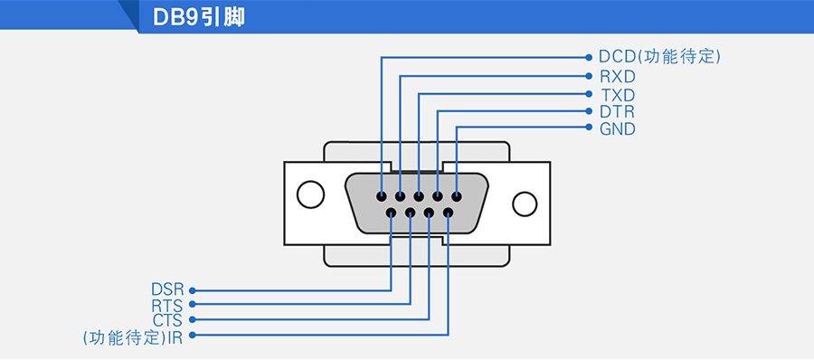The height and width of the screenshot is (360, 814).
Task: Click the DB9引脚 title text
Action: click(x=199, y=17)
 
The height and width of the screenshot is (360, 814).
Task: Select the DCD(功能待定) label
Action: click(x=660, y=57)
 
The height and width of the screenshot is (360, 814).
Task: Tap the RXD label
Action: click(x=618, y=77)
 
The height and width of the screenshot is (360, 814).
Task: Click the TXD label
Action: click(x=618, y=96)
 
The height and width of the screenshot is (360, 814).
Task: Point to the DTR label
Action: click(x=617, y=111)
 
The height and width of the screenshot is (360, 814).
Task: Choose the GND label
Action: click(x=618, y=128)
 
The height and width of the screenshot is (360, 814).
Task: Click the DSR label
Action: click(x=167, y=289)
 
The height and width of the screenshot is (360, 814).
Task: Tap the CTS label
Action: click(x=167, y=320)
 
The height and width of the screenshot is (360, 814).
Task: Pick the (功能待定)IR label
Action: click(x=133, y=336)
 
